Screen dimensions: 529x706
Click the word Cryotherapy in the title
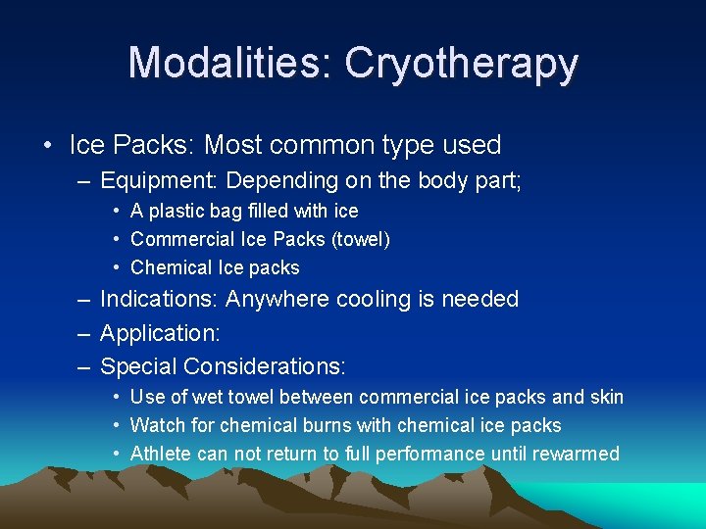click(461, 64)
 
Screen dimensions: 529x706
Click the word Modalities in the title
click(229, 64)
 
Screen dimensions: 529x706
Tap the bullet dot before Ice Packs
click(48, 146)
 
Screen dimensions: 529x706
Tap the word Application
click(160, 333)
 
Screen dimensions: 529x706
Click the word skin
click(606, 397)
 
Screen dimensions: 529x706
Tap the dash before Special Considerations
click(82, 366)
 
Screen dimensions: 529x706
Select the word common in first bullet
click(327, 146)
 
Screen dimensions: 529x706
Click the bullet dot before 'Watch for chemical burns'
click(117, 425)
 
